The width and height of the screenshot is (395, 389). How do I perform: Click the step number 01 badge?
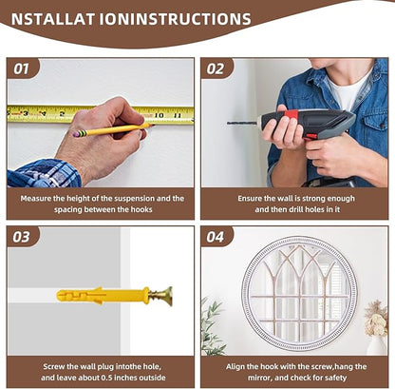[x=23, y=68]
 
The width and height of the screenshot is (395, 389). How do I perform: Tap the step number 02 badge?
[x=216, y=68]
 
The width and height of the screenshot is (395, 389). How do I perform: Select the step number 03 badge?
[x=23, y=237]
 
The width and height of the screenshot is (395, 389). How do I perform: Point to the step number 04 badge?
[x=216, y=237]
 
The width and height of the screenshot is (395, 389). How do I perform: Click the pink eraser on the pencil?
[x=76, y=134]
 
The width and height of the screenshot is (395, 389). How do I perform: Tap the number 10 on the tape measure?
[x=159, y=115]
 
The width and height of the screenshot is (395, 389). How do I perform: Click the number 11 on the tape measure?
[x=178, y=116]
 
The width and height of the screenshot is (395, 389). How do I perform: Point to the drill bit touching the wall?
[x=242, y=123]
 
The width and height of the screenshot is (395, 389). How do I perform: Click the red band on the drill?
[x=291, y=114]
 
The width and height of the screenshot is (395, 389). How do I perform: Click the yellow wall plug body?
[x=103, y=296]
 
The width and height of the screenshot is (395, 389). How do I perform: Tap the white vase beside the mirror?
[x=377, y=345]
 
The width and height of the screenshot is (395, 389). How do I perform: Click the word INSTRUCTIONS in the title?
[x=191, y=19]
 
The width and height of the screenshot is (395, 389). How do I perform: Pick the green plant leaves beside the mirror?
[x=212, y=326]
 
